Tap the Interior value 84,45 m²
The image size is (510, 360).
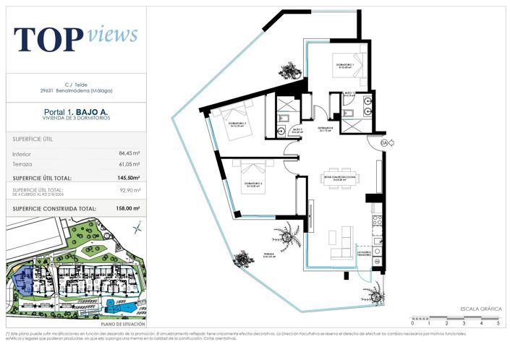coord(129,153)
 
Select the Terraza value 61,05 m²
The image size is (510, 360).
coord(129,164)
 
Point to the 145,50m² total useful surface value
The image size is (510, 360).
coord(129,177)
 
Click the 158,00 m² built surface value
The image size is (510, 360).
coord(127,208)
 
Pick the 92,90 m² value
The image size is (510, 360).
coord(129,191)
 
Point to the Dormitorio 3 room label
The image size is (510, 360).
coord(245,184)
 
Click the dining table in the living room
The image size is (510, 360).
coord(341,181)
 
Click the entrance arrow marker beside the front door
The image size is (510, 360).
coord(383,142)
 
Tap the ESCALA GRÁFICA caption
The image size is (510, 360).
coord(480,309)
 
